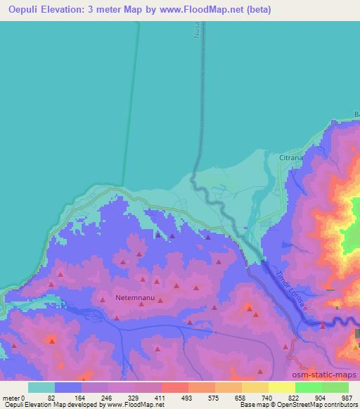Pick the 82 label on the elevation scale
51,397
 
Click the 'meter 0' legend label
14,397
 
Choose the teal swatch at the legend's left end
41,387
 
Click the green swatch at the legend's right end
335,387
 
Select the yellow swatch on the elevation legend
282,387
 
